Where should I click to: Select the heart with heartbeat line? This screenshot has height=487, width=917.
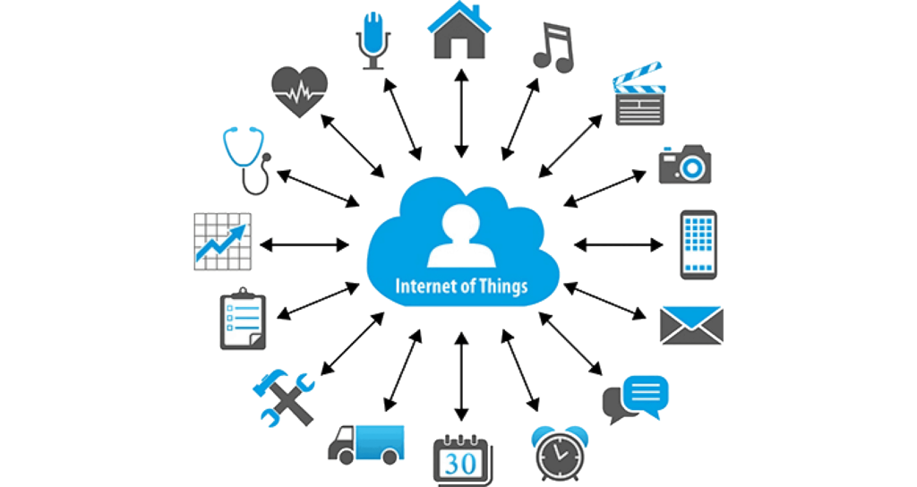(x=299, y=91)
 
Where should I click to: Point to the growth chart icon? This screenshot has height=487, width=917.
(x=223, y=242)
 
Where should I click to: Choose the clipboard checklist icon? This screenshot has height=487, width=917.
(x=243, y=320)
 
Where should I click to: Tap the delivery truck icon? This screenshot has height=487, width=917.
(x=366, y=445)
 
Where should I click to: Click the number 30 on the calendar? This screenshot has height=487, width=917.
(x=460, y=465)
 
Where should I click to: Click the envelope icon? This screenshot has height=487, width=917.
(x=691, y=325)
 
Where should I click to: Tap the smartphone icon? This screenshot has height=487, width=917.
(x=698, y=245)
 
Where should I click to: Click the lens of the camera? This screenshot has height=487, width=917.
(x=692, y=168)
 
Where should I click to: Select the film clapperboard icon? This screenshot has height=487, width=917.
(x=639, y=93)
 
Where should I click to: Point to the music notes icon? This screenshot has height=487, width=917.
(x=553, y=47)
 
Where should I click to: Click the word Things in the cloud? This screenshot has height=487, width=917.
(x=503, y=286)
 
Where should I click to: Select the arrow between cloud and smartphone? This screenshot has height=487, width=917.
(x=619, y=245)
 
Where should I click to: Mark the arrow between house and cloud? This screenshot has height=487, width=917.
(x=461, y=113)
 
